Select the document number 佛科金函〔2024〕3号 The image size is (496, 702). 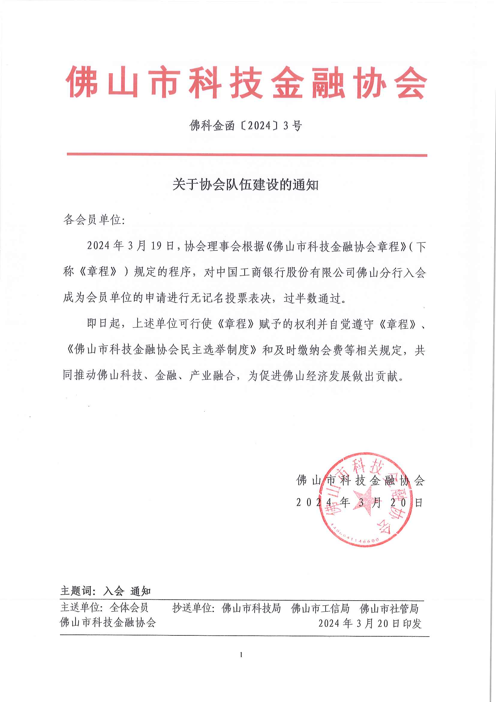(x=246, y=126)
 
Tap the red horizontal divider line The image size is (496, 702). (x=247, y=155)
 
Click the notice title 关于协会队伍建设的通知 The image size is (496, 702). (x=245, y=185)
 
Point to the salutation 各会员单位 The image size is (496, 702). (x=93, y=220)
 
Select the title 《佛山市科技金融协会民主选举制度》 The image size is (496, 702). (x=161, y=349)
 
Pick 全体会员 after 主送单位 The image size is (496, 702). (x=129, y=607)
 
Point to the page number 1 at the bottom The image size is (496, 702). (x=241, y=655)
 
